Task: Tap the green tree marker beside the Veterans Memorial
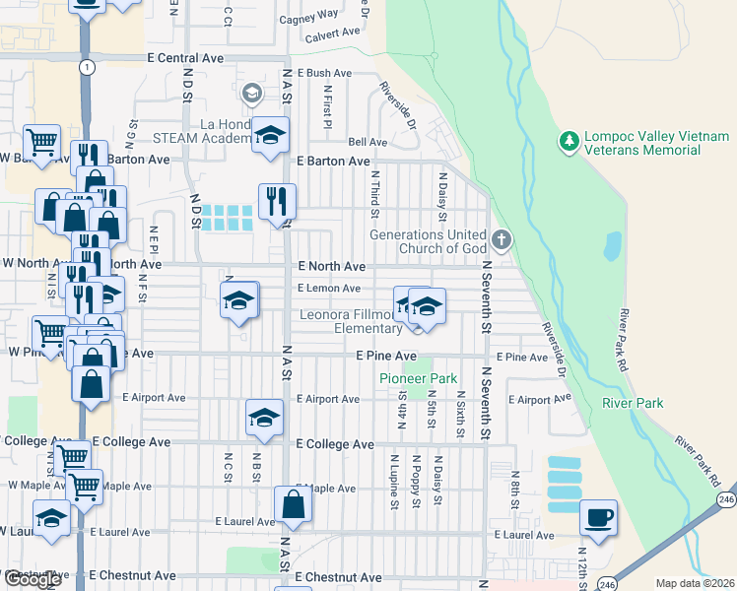pos(568,143)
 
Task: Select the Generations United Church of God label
pos(428,241)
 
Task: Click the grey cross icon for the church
pos(502,239)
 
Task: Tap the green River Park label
pos(634,403)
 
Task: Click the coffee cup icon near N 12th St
pos(599,516)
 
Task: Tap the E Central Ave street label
pos(184,58)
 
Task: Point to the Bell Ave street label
pos(368,142)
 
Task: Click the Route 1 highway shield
pos(89,67)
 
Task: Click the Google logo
pos(33,580)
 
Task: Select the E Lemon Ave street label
pos(329,289)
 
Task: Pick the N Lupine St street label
pos(393,480)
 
